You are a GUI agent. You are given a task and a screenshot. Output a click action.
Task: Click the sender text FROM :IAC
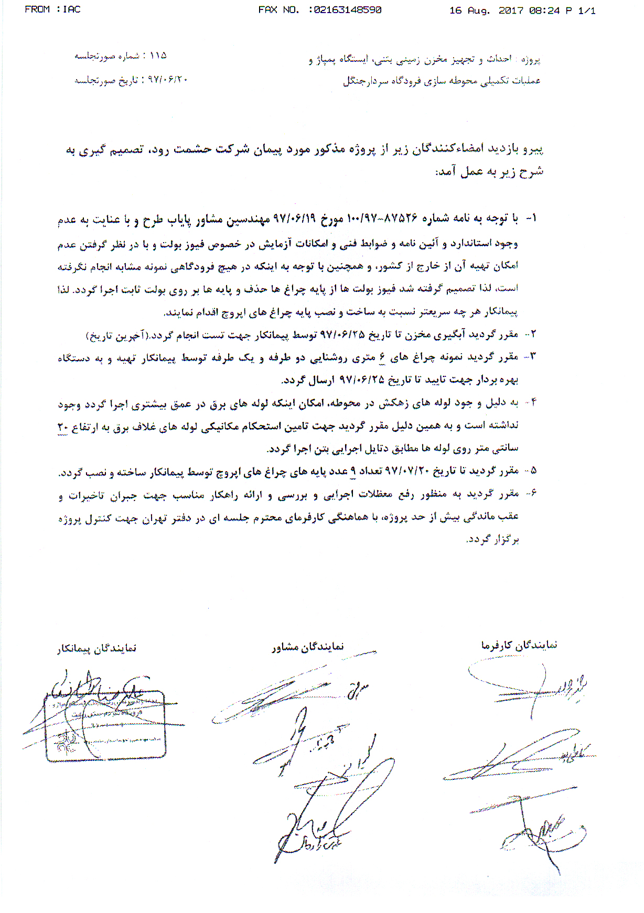[52, 9]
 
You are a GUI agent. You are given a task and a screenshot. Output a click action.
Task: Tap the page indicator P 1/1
[581, 10]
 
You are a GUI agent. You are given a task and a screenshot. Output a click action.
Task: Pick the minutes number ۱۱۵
[158, 56]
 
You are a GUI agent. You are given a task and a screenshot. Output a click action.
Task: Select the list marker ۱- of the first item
[531, 218]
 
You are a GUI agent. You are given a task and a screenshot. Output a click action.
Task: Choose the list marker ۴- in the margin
[532, 403]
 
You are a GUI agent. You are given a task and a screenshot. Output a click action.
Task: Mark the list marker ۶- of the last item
[532, 493]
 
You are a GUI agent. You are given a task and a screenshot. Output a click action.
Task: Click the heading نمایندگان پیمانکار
[97, 649]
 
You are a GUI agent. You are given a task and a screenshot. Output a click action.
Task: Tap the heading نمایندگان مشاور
[308, 647]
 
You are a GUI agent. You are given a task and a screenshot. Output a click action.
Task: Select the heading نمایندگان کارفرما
[519, 645]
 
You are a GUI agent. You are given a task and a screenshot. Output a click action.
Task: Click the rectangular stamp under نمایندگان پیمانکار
[105, 726]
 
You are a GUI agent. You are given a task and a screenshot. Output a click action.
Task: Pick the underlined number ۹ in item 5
[353, 471]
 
